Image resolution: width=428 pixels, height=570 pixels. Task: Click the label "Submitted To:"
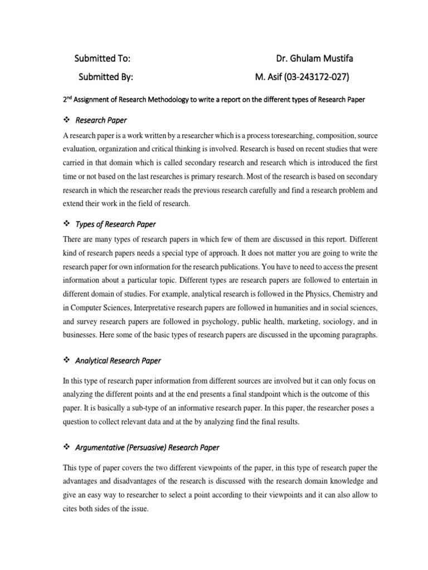[x=103, y=58]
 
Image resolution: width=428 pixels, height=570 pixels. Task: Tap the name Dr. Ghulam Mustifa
[x=314, y=58]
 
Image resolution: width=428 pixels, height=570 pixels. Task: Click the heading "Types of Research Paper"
[x=115, y=224]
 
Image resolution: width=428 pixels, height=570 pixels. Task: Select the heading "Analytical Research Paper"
[x=118, y=361]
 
